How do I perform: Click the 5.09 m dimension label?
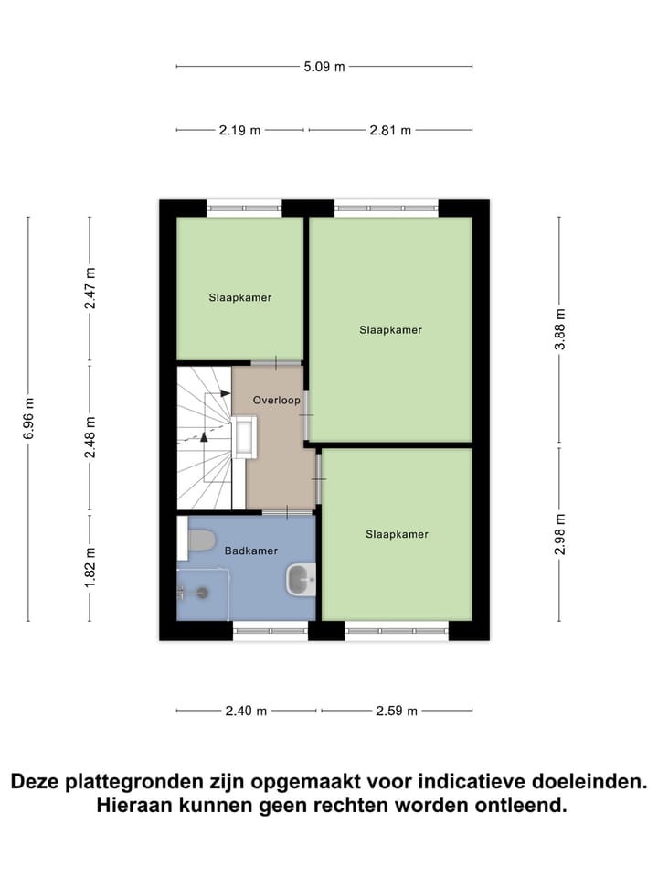pyautogui.click(x=325, y=67)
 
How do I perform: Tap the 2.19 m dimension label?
pyautogui.click(x=239, y=130)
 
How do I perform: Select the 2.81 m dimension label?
pyautogui.click(x=391, y=130)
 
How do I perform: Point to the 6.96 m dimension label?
pyautogui.click(x=28, y=419)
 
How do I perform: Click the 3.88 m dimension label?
pyautogui.click(x=560, y=331)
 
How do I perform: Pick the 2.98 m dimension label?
pyautogui.click(x=560, y=534)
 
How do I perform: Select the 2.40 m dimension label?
pyautogui.click(x=247, y=711)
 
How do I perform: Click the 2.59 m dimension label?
pyautogui.click(x=397, y=711)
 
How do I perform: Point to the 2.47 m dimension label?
pyautogui.click(x=90, y=287)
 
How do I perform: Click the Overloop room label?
pyautogui.click(x=277, y=400)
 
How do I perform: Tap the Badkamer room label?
pyautogui.click(x=250, y=551)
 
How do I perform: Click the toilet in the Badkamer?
pyautogui.click(x=200, y=541)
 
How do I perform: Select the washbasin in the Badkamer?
pyautogui.click(x=301, y=579)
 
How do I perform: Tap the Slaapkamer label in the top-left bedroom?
pyautogui.click(x=239, y=297)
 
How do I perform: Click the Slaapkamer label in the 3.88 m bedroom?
pyautogui.click(x=390, y=330)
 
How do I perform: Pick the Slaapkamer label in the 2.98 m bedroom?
pyautogui.click(x=397, y=534)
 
